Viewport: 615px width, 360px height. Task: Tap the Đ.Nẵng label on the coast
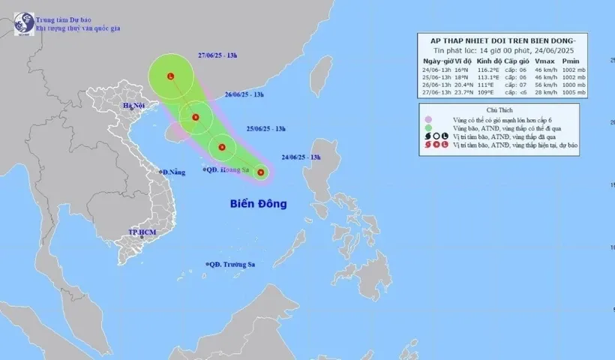tap(173, 172)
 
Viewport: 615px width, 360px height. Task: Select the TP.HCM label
tap(142, 233)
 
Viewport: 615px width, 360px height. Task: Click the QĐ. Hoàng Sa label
tap(228, 170)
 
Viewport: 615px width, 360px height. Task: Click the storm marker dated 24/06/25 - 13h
tap(261, 173)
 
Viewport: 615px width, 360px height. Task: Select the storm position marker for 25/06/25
tap(222, 147)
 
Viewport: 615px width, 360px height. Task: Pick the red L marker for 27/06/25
tap(171, 76)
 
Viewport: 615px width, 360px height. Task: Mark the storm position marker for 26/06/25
tap(196, 117)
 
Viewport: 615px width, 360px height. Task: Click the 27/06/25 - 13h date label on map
tap(218, 55)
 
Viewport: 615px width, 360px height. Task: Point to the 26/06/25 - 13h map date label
tap(244, 95)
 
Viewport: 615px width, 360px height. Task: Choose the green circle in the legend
tap(427, 128)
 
